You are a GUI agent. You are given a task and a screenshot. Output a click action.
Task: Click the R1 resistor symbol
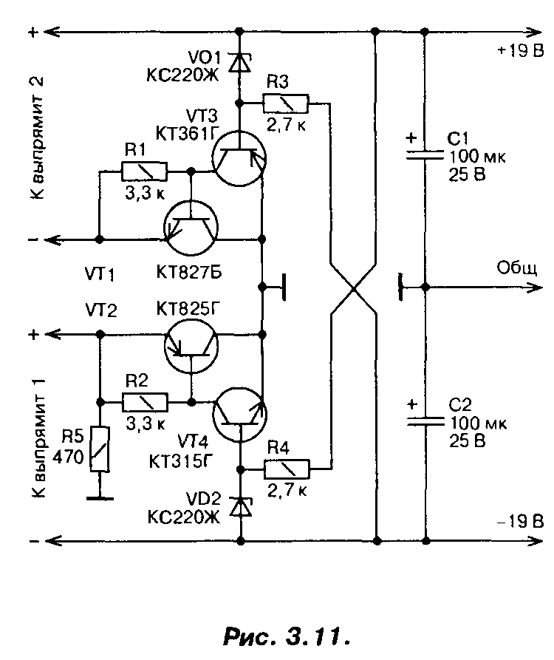pos(144,171)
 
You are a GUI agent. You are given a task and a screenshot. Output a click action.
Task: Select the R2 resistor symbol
pos(145,402)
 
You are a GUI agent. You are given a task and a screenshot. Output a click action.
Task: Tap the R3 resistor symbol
pos(286,103)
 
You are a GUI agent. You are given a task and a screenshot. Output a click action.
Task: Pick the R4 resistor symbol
pos(287,469)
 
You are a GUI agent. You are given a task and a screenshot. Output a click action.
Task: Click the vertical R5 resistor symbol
pos(100,449)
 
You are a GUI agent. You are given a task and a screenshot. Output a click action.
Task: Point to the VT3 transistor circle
pos(239,158)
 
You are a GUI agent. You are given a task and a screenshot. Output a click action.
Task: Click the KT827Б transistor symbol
pos(191,228)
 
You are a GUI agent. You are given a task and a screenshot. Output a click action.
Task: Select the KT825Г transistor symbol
pos(191,346)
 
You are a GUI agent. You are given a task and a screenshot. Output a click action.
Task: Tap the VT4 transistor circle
pos(240,414)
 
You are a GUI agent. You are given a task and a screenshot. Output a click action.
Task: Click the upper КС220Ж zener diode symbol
pos(239,63)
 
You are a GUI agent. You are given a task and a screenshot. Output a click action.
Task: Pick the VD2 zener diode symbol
pos(241,507)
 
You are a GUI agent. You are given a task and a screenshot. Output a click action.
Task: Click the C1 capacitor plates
pos(425,155)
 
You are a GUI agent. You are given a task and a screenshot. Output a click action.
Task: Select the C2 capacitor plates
pos(425,422)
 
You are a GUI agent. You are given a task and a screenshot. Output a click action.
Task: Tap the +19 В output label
pos(521,51)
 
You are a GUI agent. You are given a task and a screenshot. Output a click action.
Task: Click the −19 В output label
pos(521,522)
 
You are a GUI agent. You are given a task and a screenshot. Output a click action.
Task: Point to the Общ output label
pos(517,268)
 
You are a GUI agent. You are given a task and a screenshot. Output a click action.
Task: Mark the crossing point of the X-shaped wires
pos(353,288)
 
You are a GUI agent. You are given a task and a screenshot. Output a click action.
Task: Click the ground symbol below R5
pos(100,498)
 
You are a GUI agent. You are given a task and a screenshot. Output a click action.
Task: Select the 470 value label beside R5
pos(68,457)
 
